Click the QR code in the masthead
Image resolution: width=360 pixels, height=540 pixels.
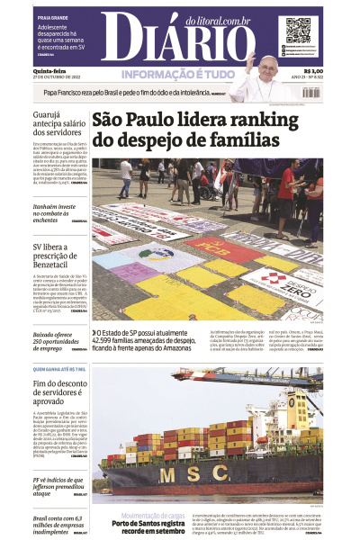(x=298, y=31)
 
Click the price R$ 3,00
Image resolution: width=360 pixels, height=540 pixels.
(x=313, y=71)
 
